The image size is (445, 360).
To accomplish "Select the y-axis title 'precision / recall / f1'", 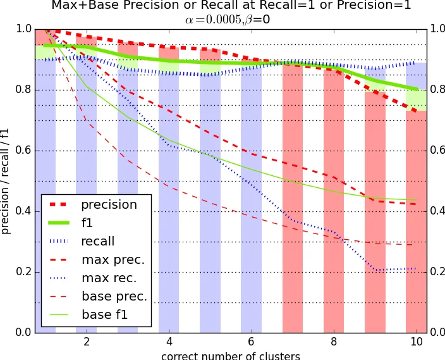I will pyautogui.click(x=6, y=180).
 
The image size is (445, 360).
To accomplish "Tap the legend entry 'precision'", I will pyautogui.click(x=109, y=205).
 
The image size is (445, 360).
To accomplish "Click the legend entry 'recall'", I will pyautogui.click(x=97, y=242).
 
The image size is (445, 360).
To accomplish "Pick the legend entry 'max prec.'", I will pyautogui.click(x=113, y=259).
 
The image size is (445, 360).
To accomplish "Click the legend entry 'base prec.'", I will pyautogui.click(x=114, y=296).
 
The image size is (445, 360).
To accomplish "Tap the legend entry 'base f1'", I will pyautogui.click(x=104, y=314).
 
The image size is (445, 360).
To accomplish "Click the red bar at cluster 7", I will pyautogui.click(x=293, y=202).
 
